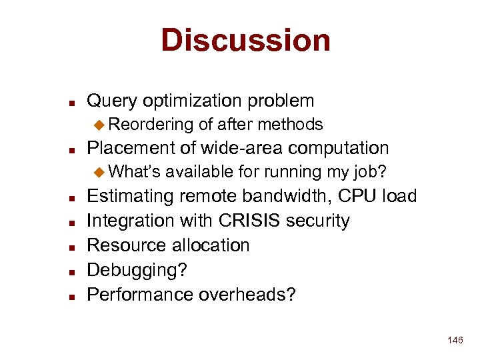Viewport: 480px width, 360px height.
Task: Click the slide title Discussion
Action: pos(245,40)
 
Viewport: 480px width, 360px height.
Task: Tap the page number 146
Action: pos(455,341)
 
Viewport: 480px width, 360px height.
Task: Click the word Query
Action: pos(112,101)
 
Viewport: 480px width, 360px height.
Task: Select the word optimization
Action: pos(199,101)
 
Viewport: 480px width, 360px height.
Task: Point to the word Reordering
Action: pos(151,125)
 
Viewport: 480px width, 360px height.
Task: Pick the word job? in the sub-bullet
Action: pos(370,172)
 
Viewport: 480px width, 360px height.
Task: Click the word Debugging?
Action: pos(137,270)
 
